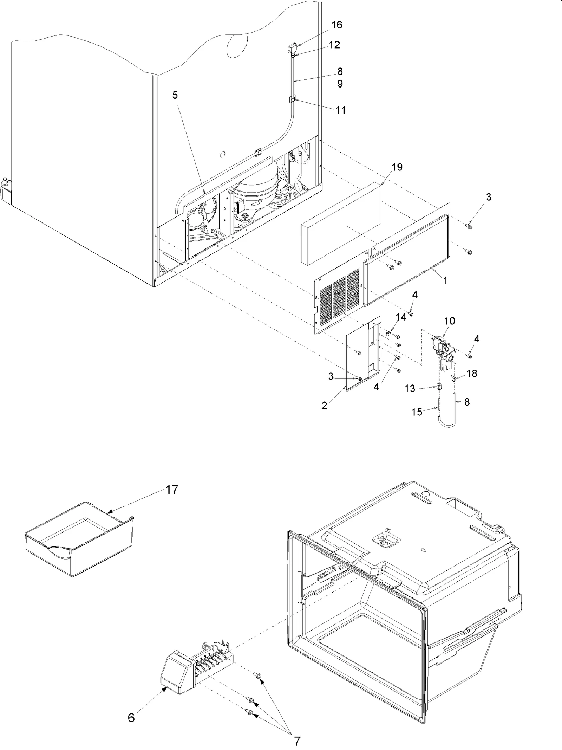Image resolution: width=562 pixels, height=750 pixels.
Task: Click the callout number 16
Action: click(x=336, y=25)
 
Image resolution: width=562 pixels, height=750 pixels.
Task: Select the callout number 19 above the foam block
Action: click(x=397, y=167)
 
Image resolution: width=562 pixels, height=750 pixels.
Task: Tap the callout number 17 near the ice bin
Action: click(x=172, y=489)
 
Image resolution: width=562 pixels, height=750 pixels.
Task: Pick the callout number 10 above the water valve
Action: click(x=450, y=321)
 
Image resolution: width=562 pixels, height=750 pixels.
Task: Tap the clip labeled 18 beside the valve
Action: click(x=453, y=378)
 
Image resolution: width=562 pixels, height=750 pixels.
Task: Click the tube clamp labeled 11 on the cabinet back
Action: click(x=293, y=99)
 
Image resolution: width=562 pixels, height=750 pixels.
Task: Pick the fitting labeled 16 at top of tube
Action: click(x=292, y=48)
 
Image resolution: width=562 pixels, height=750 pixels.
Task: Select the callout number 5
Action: click(x=175, y=95)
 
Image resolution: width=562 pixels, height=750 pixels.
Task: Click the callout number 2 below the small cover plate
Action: click(x=324, y=406)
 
